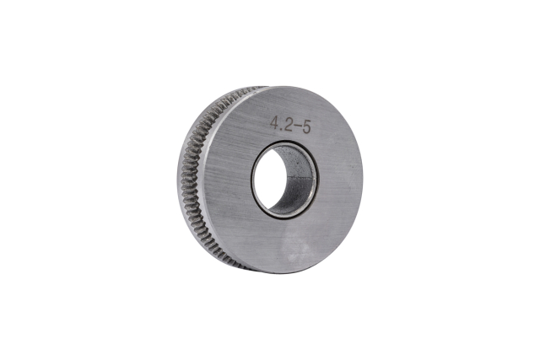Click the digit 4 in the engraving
click(x=274, y=122)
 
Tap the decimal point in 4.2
click(x=281, y=128)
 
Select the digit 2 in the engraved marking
click(x=287, y=124)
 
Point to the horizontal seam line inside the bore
click(x=299, y=178)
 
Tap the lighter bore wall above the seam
click(x=296, y=162)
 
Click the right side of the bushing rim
click(x=316, y=179)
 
